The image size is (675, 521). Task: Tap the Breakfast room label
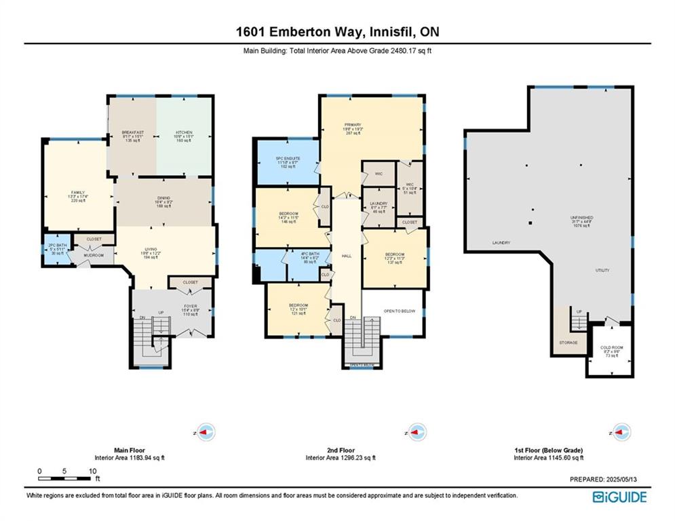point(132,132)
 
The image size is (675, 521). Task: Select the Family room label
point(78,193)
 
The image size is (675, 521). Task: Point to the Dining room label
point(163,198)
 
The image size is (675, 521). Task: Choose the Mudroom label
point(94,255)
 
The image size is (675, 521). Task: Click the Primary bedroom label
point(353,125)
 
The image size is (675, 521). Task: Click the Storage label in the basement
point(568,343)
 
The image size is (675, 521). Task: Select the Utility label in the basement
point(602,270)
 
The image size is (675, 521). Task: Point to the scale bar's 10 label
point(92,471)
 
